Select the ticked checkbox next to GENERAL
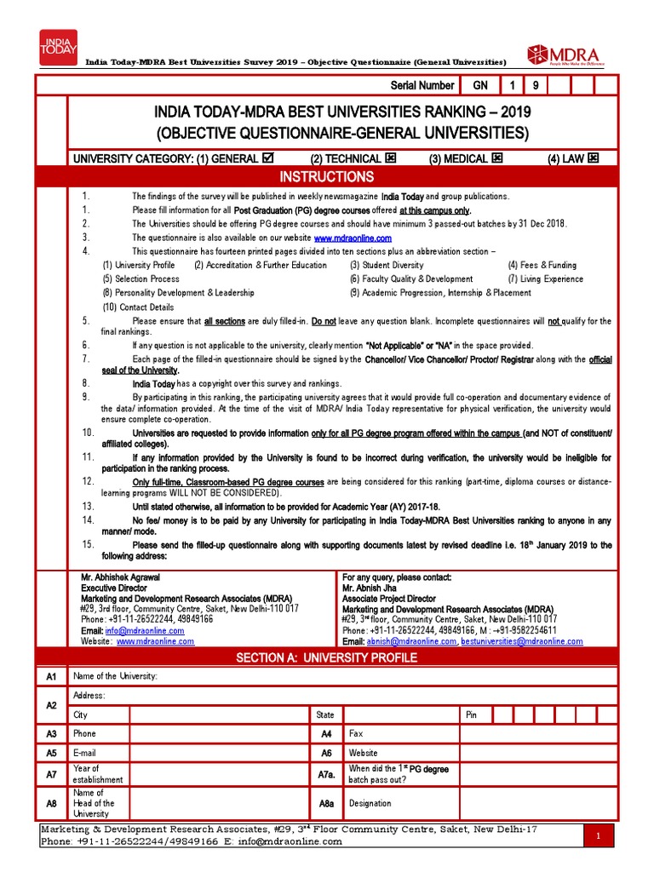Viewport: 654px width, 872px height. click(269, 158)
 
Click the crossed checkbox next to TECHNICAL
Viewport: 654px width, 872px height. click(391, 158)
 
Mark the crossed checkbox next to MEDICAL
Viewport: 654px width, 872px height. click(496, 158)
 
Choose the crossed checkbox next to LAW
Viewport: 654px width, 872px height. click(594, 158)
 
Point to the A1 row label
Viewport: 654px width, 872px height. click(51, 676)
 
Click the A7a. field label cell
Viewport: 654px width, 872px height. click(325, 774)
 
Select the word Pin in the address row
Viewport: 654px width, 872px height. click(471, 714)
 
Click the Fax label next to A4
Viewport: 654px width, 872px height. click(356, 733)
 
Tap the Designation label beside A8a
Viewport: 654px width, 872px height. click(370, 803)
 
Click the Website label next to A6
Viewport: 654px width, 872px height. click(363, 753)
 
